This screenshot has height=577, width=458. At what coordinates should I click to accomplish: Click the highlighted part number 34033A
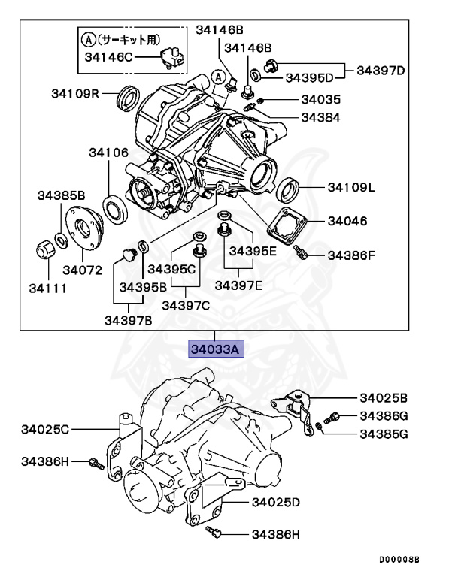[214, 349]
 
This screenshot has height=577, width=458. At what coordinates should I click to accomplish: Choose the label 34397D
[381, 71]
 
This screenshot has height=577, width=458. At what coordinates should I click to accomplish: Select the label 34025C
[45, 429]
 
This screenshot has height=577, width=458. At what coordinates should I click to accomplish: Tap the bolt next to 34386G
[331, 416]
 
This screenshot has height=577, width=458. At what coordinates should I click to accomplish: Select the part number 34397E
[239, 285]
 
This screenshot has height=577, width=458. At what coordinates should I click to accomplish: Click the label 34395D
[309, 77]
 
